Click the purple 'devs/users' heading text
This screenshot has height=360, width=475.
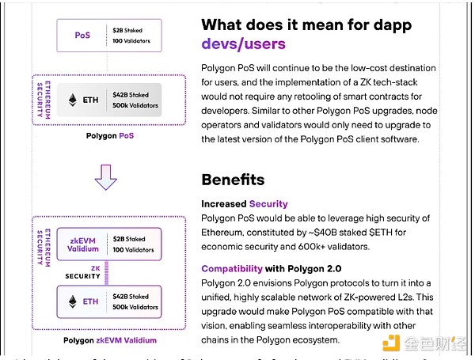243,44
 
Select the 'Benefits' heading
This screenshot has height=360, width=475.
233,180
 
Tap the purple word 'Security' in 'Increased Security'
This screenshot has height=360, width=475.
268,203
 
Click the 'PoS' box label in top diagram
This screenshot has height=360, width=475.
82,35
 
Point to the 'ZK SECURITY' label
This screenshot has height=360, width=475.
82,272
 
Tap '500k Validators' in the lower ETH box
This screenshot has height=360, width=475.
135,308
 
